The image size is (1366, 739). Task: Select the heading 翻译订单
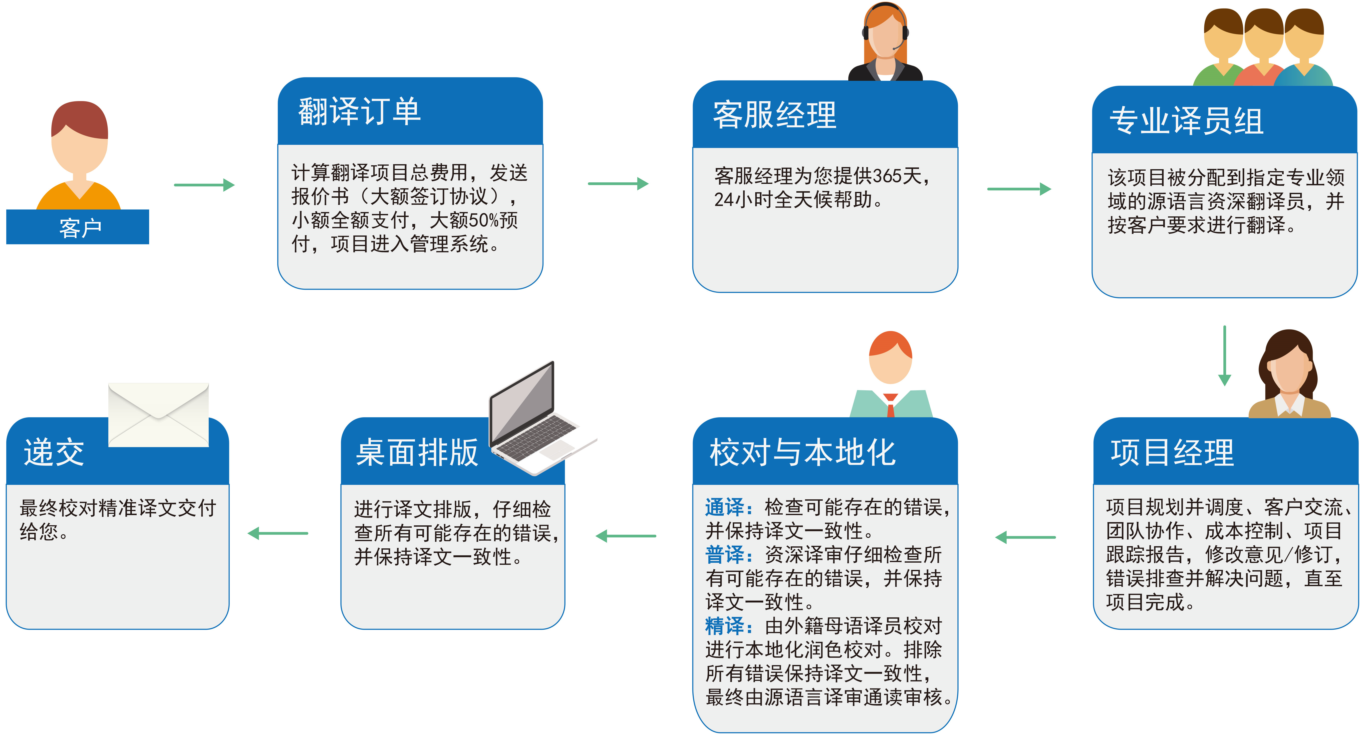coord(360,112)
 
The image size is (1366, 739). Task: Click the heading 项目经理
coord(1173,453)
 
